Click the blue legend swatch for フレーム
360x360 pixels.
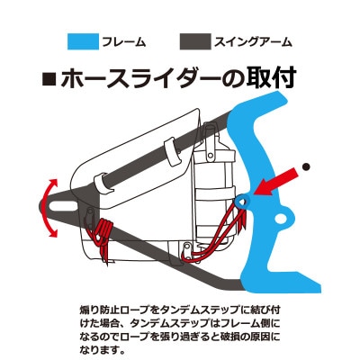click(83, 41)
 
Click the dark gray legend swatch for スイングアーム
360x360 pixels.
click(195, 41)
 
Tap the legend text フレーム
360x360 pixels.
click(124, 41)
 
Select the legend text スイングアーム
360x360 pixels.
click(253, 41)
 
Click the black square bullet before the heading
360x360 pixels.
click(49, 79)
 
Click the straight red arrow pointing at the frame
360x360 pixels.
click(275, 182)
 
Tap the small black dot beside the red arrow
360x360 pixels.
click(306, 166)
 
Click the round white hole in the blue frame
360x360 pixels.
click(281, 219)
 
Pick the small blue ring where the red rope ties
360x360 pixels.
click(243, 202)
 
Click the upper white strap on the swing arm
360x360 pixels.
click(174, 152)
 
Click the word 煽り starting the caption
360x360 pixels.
click(90, 310)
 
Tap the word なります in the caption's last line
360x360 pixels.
click(100, 349)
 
